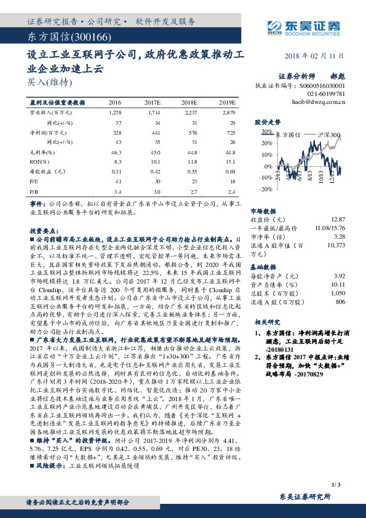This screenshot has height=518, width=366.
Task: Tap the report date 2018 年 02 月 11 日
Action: [316, 55]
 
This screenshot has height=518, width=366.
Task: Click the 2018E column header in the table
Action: [191, 102]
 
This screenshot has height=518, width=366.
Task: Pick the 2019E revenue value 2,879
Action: [228, 113]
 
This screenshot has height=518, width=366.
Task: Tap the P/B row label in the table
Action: [34, 191]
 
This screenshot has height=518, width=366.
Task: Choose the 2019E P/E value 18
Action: [232, 181]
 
